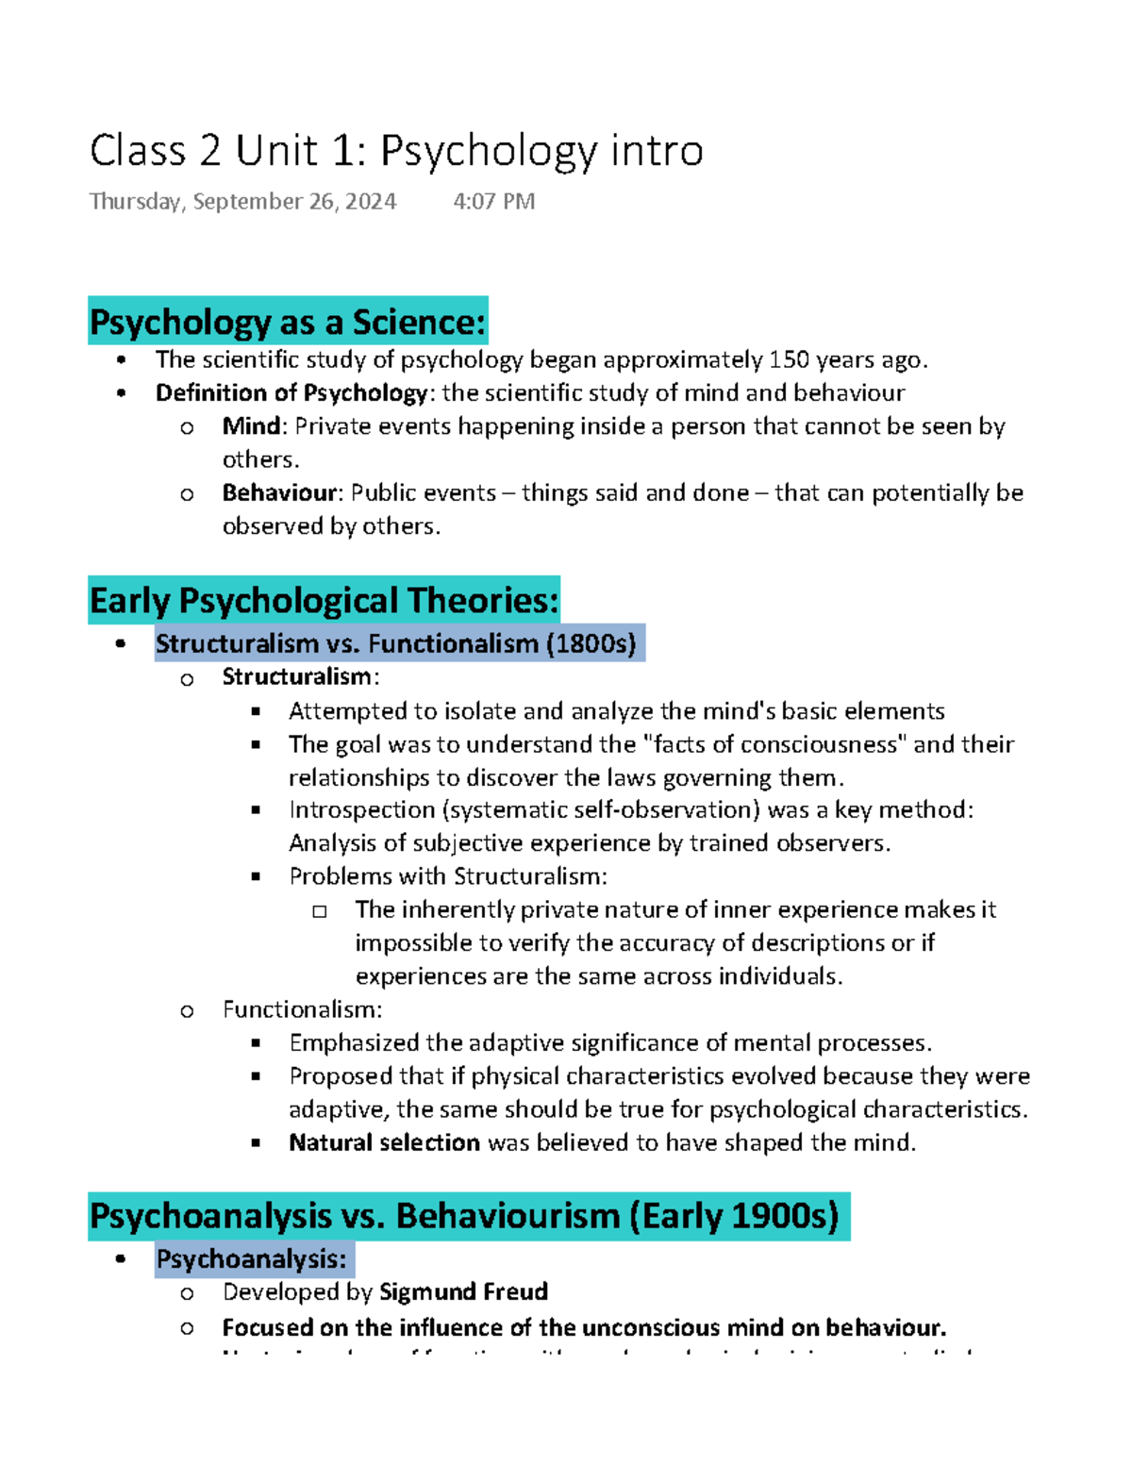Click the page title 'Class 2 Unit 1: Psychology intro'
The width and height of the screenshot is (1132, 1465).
tap(396, 151)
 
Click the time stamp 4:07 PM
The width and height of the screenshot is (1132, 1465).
tap(493, 202)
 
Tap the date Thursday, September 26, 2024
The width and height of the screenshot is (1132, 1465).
tap(242, 202)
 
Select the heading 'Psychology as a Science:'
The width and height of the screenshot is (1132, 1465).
tap(288, 323)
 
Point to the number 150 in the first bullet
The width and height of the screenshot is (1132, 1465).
tap(789, 360)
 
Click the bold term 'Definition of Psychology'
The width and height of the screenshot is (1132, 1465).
tap(291, 393)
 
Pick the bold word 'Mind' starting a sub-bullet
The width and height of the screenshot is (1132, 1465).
tap(251, 426)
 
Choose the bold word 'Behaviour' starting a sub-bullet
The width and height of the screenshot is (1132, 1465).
tap(279, 493)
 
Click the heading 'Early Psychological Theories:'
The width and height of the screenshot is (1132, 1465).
tap(324, 601)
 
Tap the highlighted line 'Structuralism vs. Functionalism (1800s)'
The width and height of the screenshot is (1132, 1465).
tap(396, 644)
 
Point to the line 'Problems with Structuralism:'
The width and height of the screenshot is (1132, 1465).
tap(448, 876)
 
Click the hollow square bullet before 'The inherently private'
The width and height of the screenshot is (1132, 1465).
tap(320, 911)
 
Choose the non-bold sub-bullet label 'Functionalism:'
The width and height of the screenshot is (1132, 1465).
tap(302, 1010)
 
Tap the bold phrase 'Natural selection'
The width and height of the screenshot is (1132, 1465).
tap(384, 1143)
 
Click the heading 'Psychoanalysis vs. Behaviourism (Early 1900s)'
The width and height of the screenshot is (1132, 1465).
tap(464, 1217)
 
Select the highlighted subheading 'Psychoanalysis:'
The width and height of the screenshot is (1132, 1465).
tap(252, 1260)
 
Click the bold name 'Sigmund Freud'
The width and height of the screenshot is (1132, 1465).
tap(463, 1292)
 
